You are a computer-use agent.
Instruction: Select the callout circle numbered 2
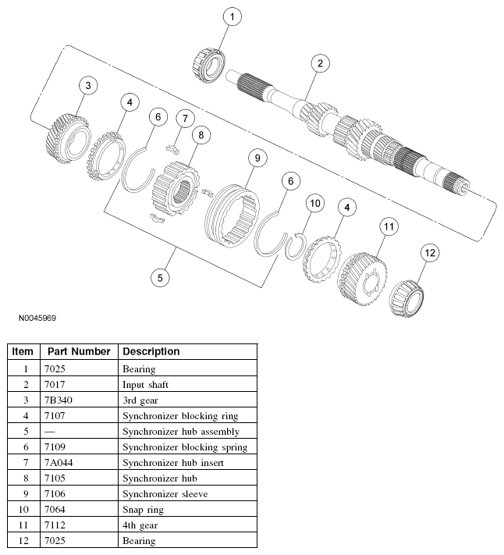(x=319, y=64)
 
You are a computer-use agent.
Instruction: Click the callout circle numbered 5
(x=160, y=276)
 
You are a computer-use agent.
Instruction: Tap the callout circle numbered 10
(x=314, y=205)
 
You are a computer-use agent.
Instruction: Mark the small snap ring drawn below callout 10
(x=296, y=246)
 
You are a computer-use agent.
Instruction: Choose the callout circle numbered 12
(x=430, y=253)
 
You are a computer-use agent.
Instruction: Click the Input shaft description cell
(x=145, y=384)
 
